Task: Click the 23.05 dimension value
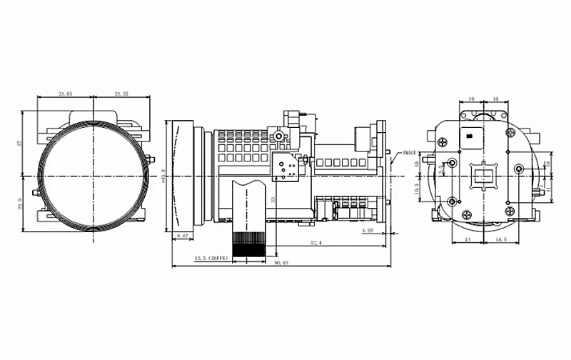pyautogui.click(x=65, y=94)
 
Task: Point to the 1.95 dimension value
pyautogui.click(x=368, y=231)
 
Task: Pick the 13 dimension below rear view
pyautogui.click(x=467, y=241)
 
